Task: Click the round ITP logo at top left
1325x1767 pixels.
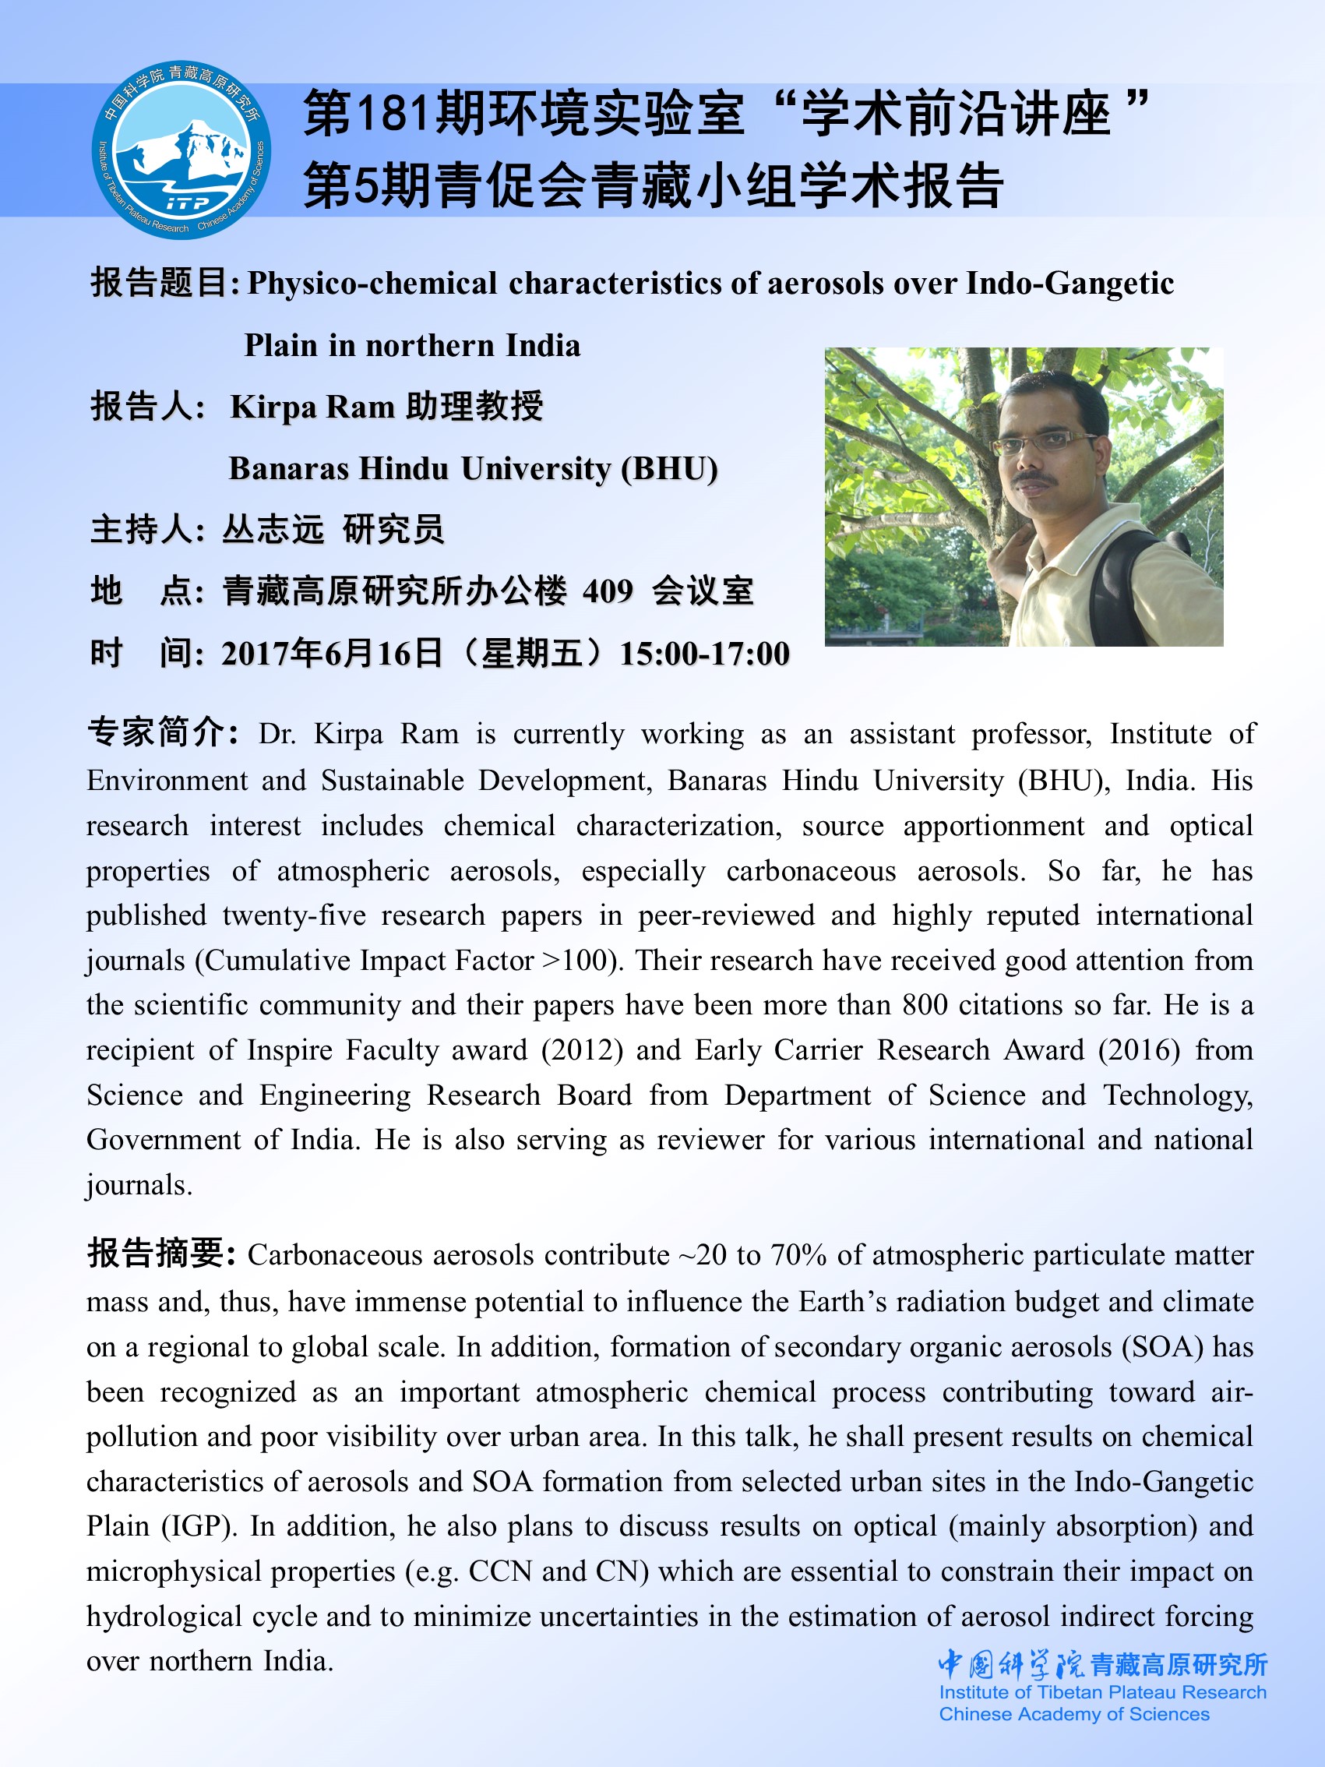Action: click(181, 150)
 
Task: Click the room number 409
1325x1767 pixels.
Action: click(607, 592)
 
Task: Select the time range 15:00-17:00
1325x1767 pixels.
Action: click(704, 654)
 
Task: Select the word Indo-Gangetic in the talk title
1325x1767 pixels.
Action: click(1070, 284)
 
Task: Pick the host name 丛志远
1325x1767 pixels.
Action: click(273, 530)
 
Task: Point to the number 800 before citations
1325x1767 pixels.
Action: click(925, 1005)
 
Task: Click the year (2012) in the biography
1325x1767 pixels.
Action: click(581, 1049)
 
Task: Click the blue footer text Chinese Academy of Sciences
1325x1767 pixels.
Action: click(1073, 1713)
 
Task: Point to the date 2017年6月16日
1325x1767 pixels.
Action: click(332, 654)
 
